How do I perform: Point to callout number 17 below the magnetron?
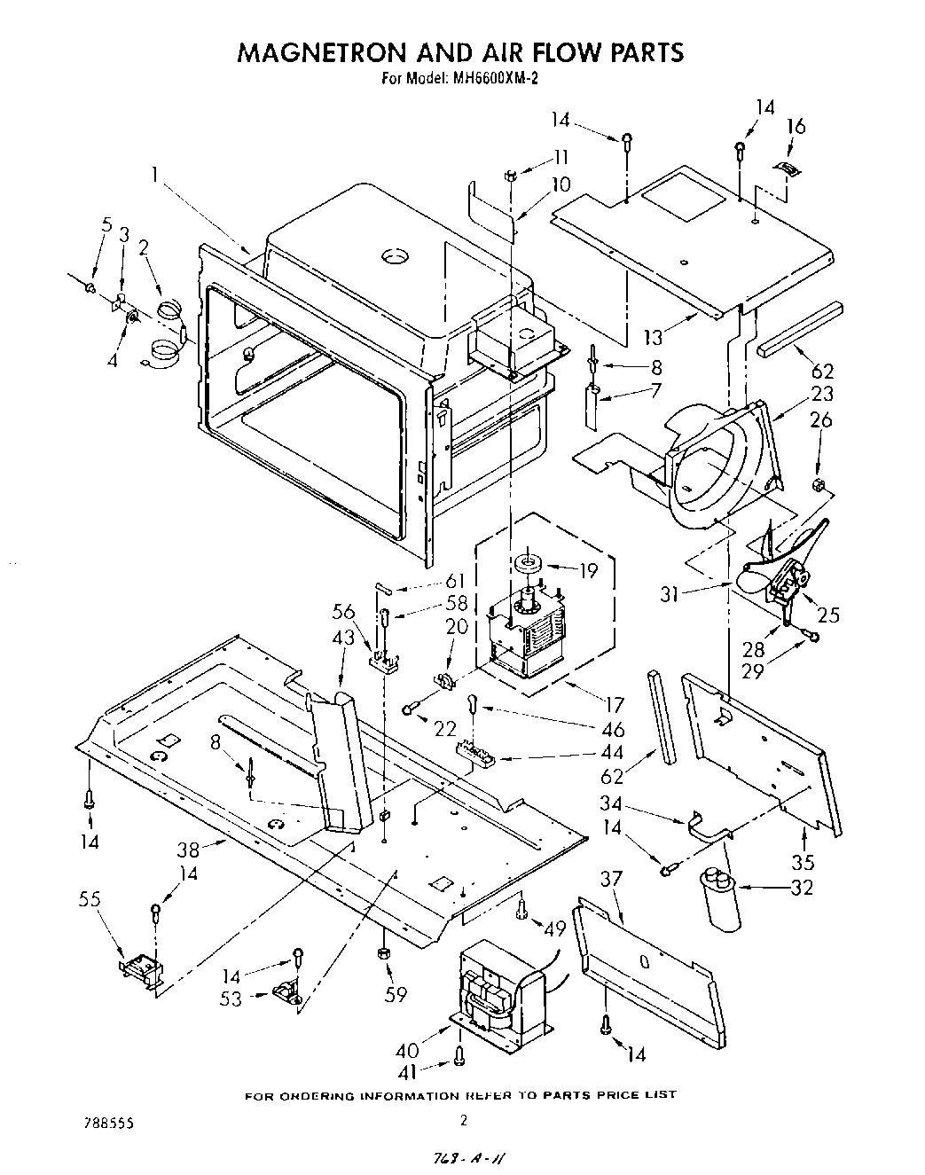pyautogui.click(x=613, y=707)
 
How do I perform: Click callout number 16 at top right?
pyautogui.click(x=796, y=127)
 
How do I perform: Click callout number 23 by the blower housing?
pyautogui.click(x=822, y=395)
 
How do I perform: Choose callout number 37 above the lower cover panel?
pyautogui.click(x=612, y=879)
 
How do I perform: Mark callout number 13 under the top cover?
pyautogui.click(x=653, y=338)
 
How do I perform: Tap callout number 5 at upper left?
pyautogui.click(x=106, y=225)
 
